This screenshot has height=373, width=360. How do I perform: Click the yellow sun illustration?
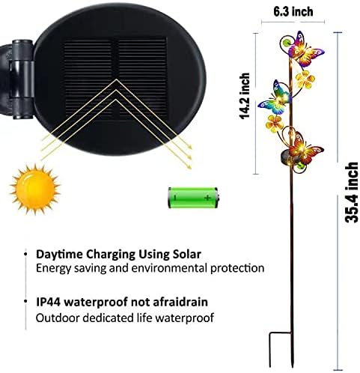[x=35, y=189]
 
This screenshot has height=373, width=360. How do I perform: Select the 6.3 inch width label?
[x=293, y=12]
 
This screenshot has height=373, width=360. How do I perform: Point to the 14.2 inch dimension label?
[x=245, y=96]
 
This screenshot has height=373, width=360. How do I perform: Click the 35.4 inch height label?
[x=351, y=192]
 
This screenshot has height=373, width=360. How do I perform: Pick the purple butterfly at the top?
[x=305, y=49]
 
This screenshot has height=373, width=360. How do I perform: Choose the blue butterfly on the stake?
[x=275, y=99]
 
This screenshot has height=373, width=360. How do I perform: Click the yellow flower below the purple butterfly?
[x=305, y=79]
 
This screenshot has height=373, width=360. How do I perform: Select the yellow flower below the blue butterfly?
[x=274, y=124]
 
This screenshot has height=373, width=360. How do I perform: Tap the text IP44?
[x=49, y=302]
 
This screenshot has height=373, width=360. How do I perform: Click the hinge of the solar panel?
[x=22, y=79]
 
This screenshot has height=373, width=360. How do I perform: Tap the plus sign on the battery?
[x=207, y=198]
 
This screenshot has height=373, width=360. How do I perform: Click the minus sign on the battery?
[x=175, y=198]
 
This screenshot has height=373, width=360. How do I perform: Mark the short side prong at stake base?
[x=270, y=350]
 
